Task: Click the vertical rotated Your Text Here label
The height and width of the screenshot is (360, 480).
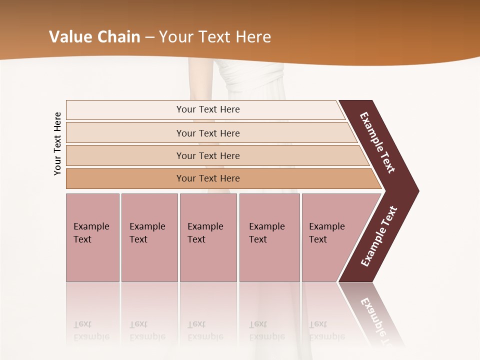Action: pyautogui.click(x=57, y=143)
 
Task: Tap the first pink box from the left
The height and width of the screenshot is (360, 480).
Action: pyautogui.click(x=92, y=237)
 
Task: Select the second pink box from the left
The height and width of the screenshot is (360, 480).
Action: pyautogui.click(x=149, y=237)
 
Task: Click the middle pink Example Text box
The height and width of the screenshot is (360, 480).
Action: pyautogui.click(x=208, y=237)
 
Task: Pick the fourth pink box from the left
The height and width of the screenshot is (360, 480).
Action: pyautogui.click(x=269, y=237)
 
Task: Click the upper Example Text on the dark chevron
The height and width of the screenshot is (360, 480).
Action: pyautogui.click(x=377, y=142)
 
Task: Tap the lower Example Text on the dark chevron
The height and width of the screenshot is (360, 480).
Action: pyautogui.click(x=379, y=236)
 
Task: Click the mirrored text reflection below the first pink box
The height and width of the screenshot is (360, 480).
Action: pyautogui.click(x=91, y=330)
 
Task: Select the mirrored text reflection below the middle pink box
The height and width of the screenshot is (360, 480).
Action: pyautogui.click(x=205, y=330)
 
